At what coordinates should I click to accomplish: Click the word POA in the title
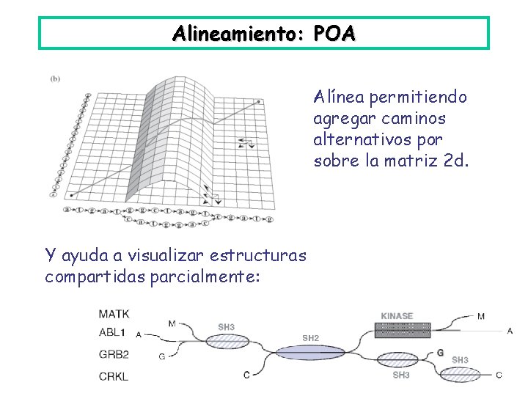(334, 34)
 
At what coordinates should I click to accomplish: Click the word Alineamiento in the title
(238, 34)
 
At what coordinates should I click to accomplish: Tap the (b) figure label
(55, 78)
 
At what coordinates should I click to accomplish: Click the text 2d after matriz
(455, 161)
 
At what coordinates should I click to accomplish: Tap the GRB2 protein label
(114, 353)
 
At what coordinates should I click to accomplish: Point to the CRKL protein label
(114, 377)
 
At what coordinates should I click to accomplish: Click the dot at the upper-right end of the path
(259, 103)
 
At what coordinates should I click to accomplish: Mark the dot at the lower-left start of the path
(70, 195)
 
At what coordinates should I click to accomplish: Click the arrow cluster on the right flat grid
(246, 144)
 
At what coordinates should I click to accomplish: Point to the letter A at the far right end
(510, 331)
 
